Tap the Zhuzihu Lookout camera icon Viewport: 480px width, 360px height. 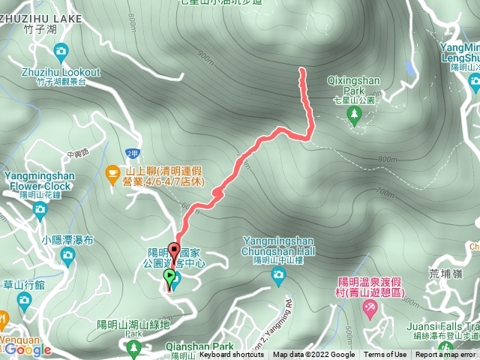pos(61,52)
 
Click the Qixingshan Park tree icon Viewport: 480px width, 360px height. pos(354,112)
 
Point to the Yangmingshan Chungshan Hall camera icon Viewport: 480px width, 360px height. pos(278,276)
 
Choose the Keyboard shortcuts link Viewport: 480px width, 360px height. pos(231,355)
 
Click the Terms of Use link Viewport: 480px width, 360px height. pos(385,355)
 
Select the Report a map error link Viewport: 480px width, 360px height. pos(447,355)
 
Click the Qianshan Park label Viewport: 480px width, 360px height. pos(202,347)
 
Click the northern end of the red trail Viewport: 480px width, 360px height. pos(302,70)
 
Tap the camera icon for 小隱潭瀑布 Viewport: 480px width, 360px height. pos(68,254)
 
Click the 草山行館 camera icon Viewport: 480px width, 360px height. pos(24,300)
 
